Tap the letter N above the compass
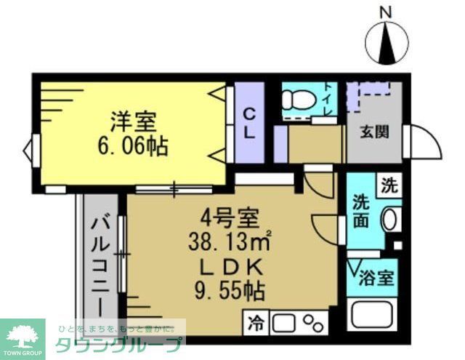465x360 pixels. [386, 12]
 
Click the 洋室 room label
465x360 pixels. [132, 121]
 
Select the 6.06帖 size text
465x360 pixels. [132, 146]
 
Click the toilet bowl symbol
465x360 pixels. [299, 99]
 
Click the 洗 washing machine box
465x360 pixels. [391, 185]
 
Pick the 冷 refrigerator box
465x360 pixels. [258, 320]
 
